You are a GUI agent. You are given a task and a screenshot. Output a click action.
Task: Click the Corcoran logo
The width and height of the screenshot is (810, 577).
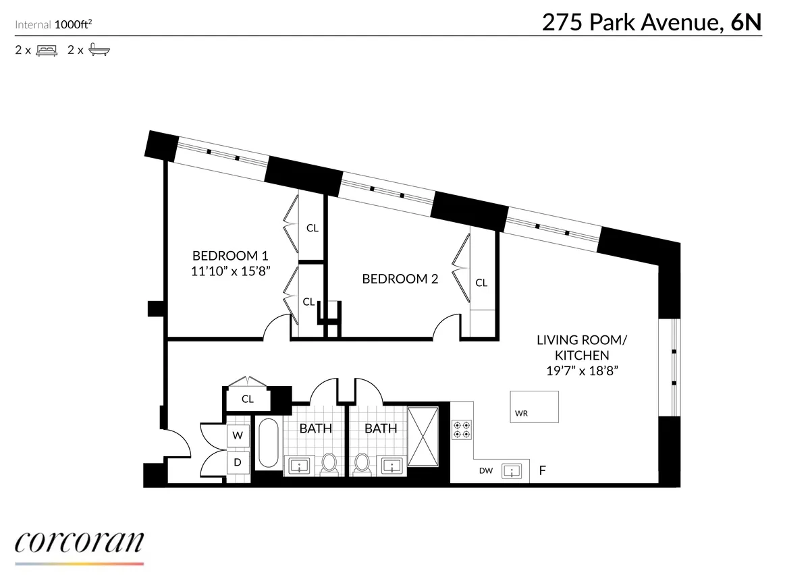coord(79,544)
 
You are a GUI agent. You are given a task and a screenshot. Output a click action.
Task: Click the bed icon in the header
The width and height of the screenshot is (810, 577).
coord(47,50)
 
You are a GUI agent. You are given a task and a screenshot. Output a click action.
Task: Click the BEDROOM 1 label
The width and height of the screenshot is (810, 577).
coord(230,256)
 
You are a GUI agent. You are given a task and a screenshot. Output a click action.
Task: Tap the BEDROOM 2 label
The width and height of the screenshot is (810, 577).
coord(400,278)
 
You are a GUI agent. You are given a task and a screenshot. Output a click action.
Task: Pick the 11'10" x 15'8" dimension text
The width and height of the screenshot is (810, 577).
coord(230,271)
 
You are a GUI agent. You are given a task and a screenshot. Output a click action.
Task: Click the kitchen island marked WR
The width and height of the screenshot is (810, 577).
coord(534,406)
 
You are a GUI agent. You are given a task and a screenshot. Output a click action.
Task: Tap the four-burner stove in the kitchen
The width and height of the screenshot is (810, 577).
coord(462,430)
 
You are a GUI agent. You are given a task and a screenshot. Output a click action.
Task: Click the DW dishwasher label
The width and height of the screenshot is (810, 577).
coord(485,470)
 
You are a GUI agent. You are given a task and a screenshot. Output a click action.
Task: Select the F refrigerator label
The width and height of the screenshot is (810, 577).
coord(541,470)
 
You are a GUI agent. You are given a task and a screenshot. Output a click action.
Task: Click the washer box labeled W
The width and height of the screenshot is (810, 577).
coord(238,436)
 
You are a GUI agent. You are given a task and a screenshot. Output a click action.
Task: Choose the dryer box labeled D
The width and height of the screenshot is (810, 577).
coord(238,462)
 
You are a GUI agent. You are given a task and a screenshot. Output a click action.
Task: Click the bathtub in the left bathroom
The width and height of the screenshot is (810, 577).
coord(268,443)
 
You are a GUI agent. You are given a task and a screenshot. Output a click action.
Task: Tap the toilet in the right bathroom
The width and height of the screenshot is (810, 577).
coord(362,463)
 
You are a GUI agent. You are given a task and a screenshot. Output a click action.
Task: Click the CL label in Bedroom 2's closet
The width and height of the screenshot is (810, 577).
coord(481,283)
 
